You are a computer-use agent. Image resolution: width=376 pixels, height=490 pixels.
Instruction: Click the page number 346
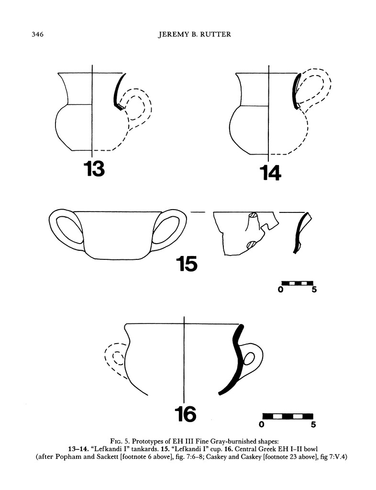pyautogui.click(x=37, y=34)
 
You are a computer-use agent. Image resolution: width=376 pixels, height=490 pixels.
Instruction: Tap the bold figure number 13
pyautogui.click(x=94, y=169)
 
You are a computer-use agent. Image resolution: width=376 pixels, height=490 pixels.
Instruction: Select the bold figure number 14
pyautogui.click(x=270, y=173)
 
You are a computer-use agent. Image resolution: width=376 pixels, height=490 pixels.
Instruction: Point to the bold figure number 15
pyautogui.click(x=187, y=264)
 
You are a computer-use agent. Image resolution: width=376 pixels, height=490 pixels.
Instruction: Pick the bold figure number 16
pyautogui.click(x=186, y=414)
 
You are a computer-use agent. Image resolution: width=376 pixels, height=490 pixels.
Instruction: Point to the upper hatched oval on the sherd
pyautogui.click(x=253, y=215)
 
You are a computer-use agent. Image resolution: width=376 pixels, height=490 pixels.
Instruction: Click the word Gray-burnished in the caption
pyautogui.click(x=236, y=442)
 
